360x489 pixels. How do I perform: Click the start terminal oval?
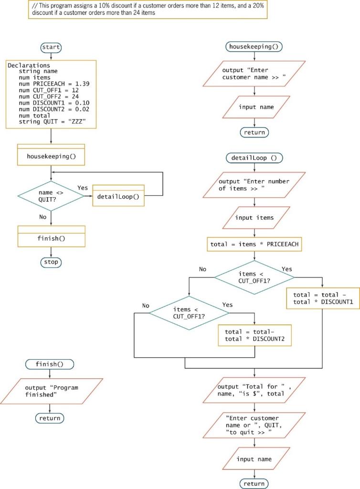[51, 47]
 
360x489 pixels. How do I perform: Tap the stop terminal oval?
[51, 262]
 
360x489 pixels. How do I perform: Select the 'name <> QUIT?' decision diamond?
[51, 196]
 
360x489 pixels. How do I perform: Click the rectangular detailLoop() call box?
[118, 196]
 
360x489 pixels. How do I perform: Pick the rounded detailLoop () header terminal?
[254, 158]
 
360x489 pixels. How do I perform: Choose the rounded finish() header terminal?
[50, 364]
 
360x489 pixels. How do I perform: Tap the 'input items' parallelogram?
[254, 218]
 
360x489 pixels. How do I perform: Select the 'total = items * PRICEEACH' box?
[254, 244]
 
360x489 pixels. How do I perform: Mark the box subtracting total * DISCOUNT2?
[254, 335]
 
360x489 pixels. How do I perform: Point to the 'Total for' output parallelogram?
[254, 390]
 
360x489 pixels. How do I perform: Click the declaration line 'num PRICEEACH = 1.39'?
[51, 84]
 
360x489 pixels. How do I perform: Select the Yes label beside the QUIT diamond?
[83, 188]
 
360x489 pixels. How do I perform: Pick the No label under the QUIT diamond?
[42, 216]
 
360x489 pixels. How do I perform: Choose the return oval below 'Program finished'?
[50, 418]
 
